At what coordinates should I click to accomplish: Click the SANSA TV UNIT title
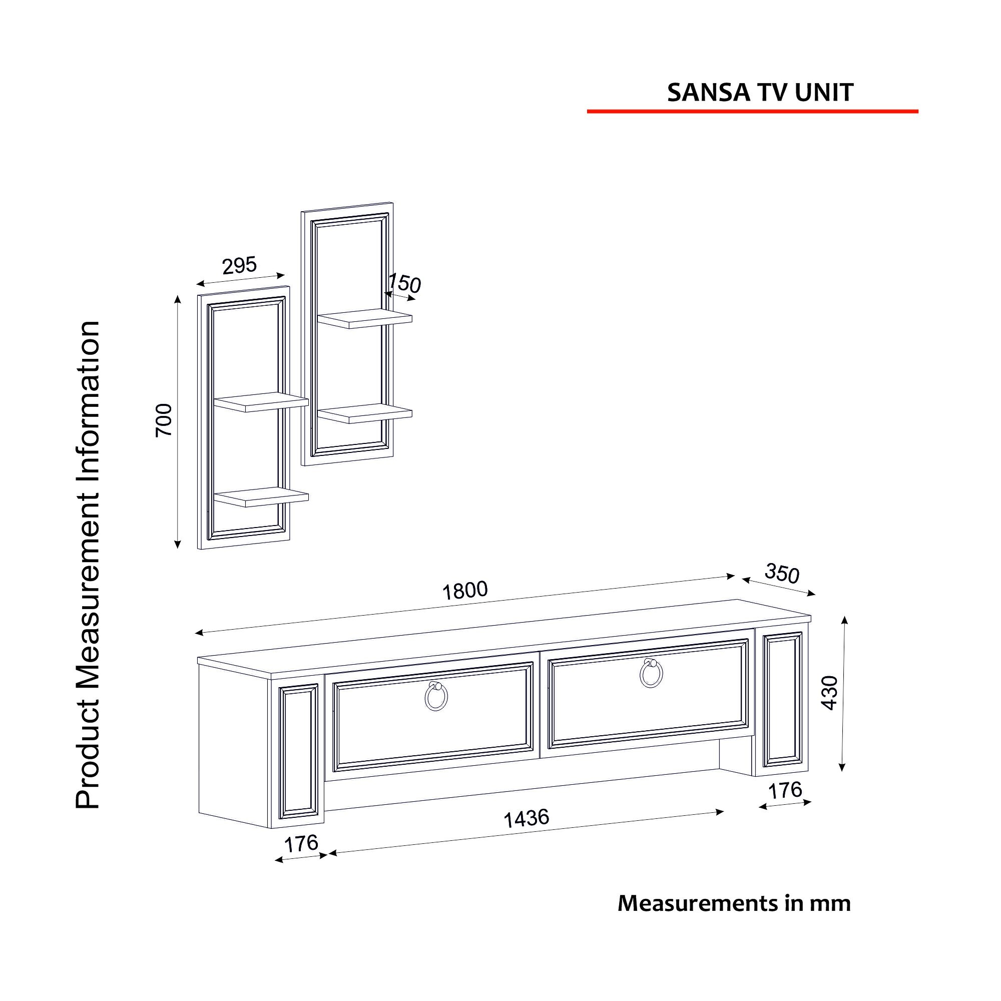click(x=760, y=92)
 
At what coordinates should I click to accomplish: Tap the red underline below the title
click(x=752, y=111)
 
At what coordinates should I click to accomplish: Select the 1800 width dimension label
click(x=465, y=590)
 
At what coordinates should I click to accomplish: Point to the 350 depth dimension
click(x=782, y=574)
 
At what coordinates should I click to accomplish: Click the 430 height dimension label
click(x=829, y=693)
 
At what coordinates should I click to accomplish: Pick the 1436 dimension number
click(x=527, y=819)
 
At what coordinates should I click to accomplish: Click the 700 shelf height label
click(x=164, y=420)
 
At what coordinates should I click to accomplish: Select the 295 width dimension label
click(x=239, y=265)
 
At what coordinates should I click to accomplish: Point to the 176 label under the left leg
click(x=301, y=844)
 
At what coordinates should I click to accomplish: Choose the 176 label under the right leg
click(x=785, y=791)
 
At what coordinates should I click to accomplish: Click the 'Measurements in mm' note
click(x=734, y=903)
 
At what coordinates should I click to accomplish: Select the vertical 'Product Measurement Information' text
click(x=87, y=565)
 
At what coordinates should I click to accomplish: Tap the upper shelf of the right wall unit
click(x=365, y=319)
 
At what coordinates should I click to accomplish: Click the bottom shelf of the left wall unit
click(x=261, y=497)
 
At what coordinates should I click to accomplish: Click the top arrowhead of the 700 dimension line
click(x=178, y=299)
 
